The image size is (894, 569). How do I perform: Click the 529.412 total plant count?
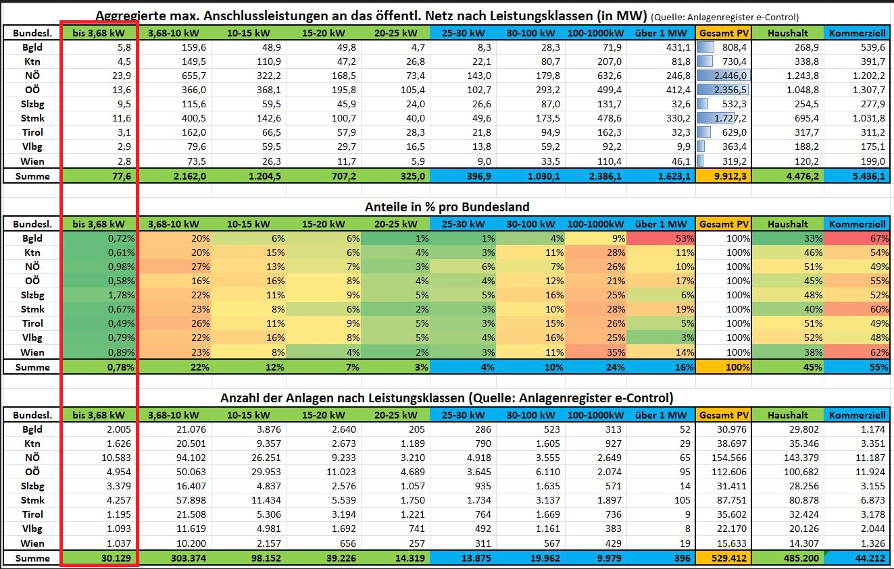click(x=732, y=558)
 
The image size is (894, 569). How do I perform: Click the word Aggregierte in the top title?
click(x=128, y=16)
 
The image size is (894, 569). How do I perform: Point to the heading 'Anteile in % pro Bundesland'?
click(x=446, y=207)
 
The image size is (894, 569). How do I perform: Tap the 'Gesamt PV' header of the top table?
click(x=724, y=33)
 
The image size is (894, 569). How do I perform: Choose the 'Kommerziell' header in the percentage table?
click(x=857, y=224)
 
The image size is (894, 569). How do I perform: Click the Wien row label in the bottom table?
click(x=32, y=543)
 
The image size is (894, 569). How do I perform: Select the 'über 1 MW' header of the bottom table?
click(x=661, y=415)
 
